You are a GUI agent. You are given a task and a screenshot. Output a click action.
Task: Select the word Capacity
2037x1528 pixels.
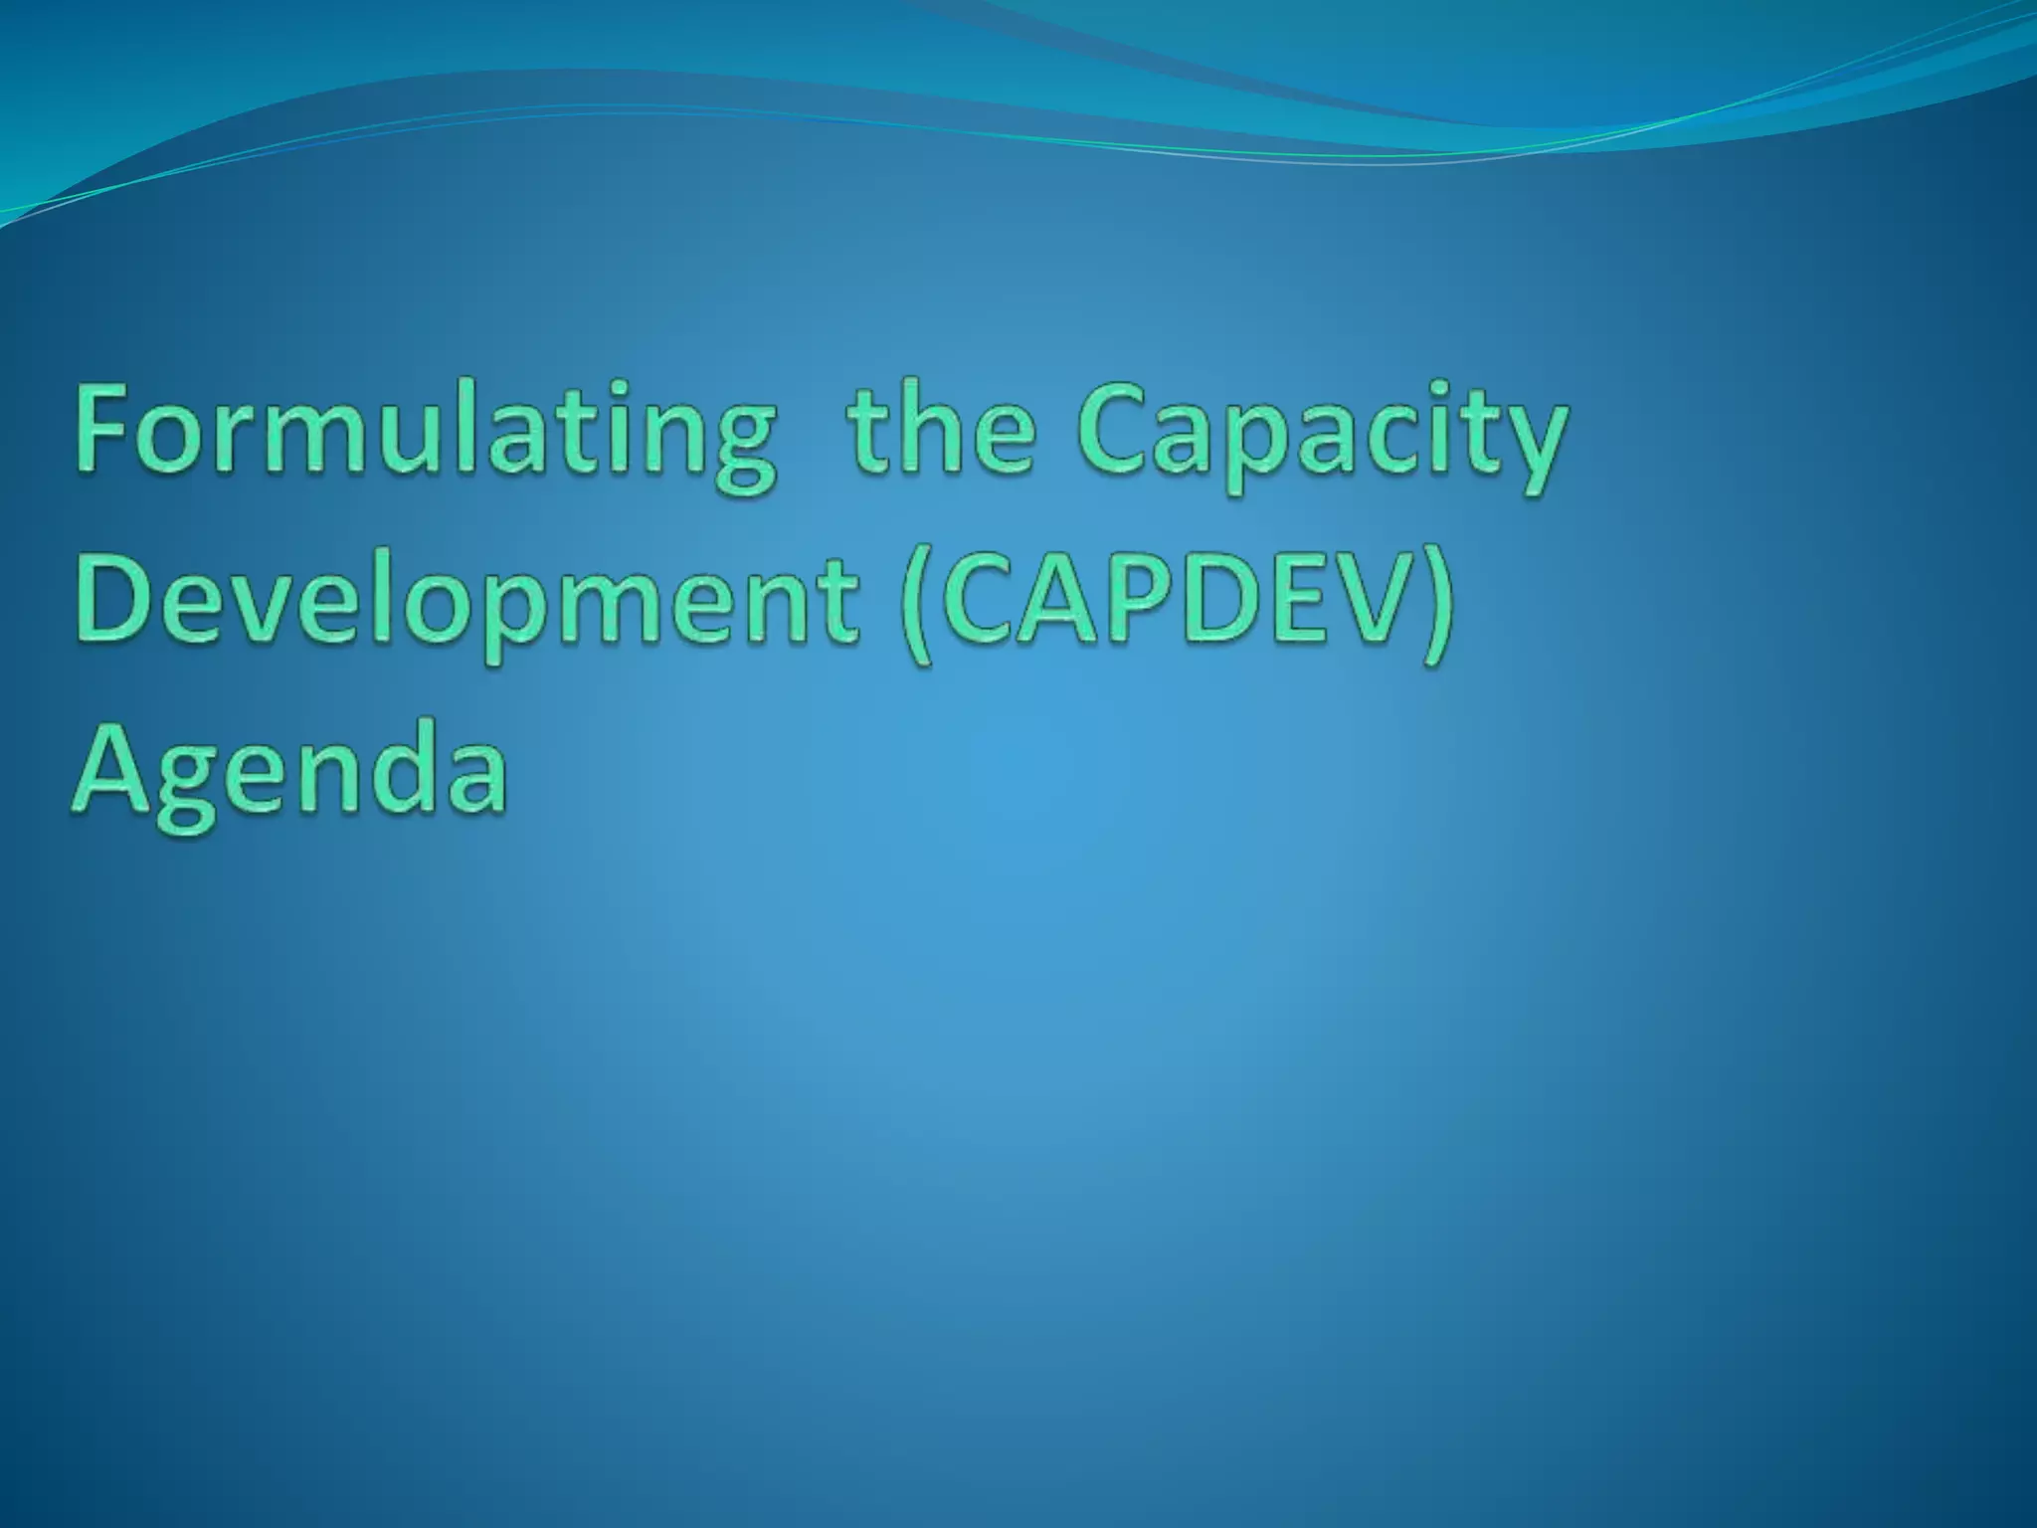(1323, 438)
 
